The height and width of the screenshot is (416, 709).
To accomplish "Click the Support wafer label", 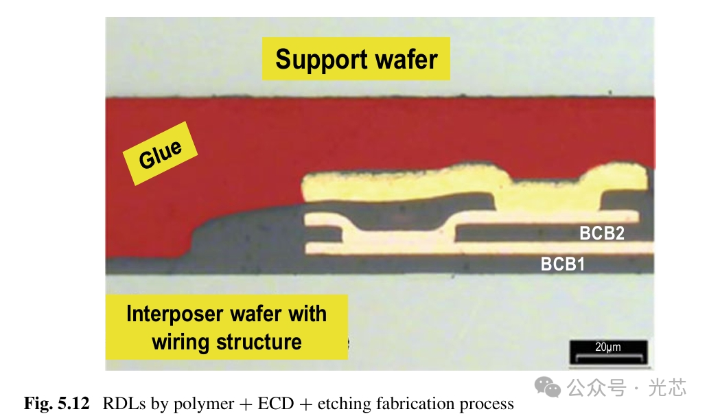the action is tap(356, 59).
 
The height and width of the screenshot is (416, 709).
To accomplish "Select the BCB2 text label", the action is tap(601, 233).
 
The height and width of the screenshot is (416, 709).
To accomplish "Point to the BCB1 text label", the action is tap(563, 264).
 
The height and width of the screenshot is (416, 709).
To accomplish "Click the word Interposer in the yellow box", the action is tap(175, 314).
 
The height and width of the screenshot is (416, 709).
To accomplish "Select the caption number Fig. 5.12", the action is tap(56, 404).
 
